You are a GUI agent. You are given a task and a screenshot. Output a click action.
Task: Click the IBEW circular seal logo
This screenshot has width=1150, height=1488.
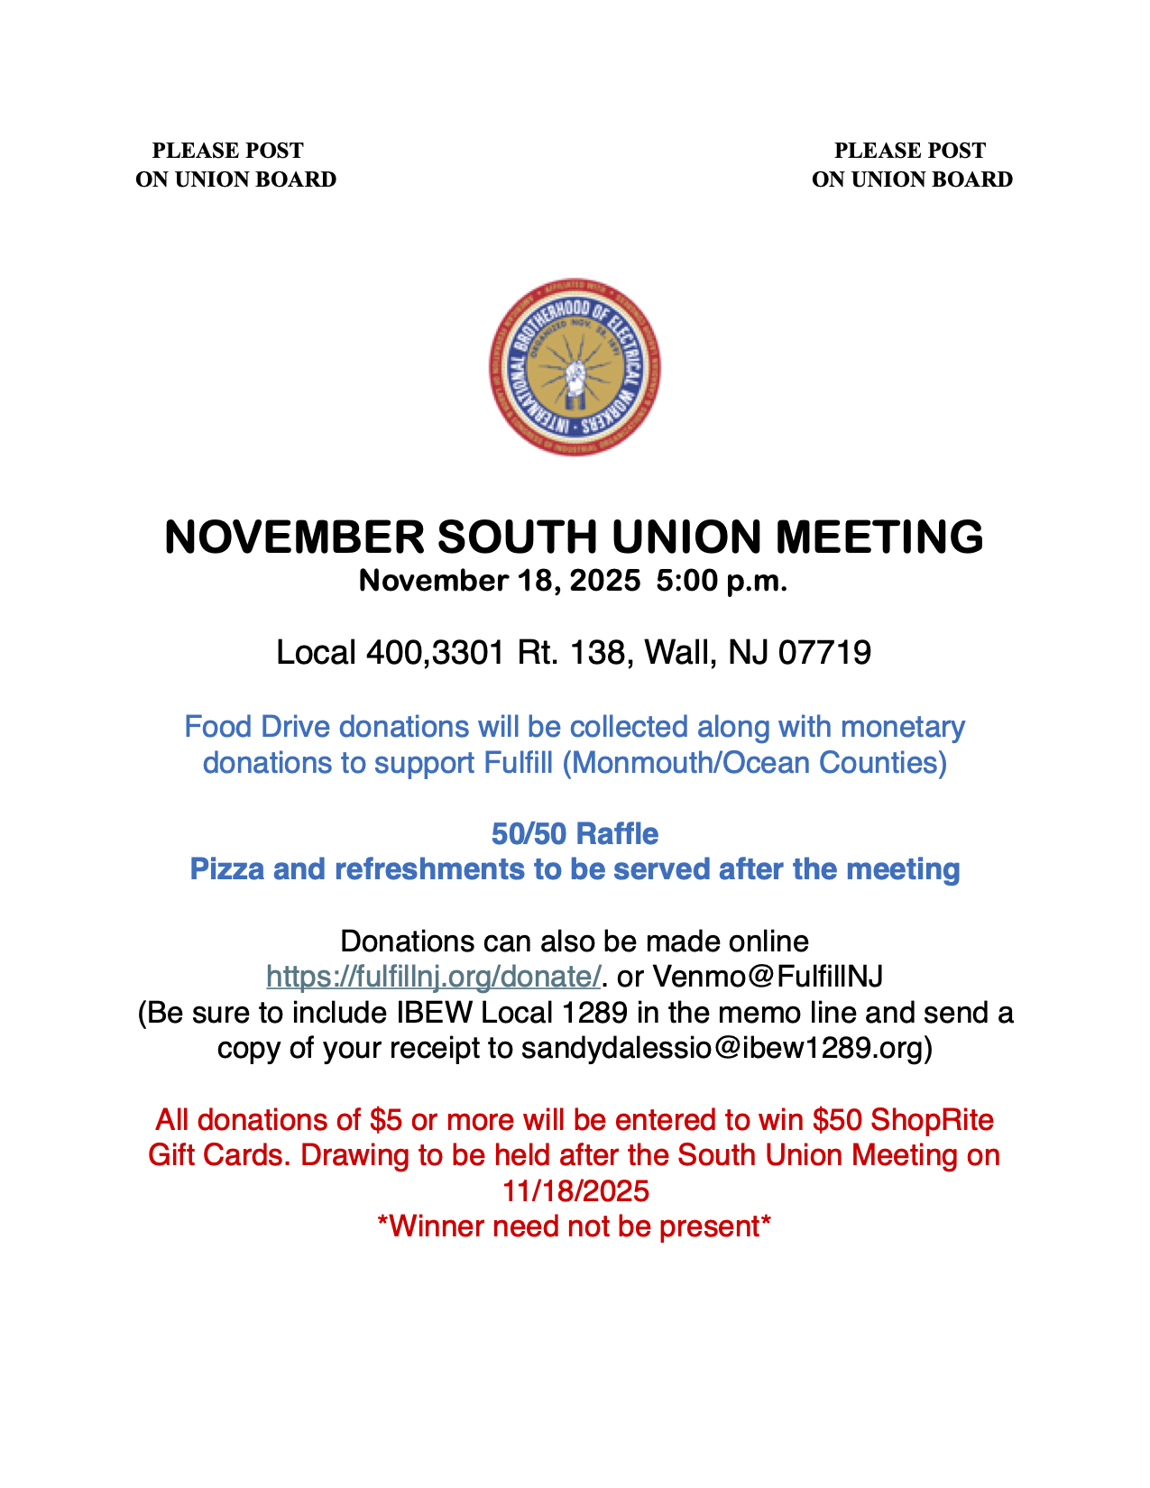[575, 366]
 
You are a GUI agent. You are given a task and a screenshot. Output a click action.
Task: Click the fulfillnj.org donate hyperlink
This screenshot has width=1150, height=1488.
[434, 976]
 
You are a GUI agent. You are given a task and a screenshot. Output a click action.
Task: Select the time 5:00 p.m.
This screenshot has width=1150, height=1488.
[722, 581]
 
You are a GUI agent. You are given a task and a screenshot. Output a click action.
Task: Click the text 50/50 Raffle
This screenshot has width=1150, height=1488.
[575, 834]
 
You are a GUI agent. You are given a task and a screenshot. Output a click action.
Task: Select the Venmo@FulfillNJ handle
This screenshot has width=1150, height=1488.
[767, 976]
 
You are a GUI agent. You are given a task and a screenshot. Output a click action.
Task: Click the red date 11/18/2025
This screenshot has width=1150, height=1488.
[575, 1191]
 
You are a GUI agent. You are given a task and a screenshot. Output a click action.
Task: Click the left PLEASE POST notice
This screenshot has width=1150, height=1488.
[235, 165]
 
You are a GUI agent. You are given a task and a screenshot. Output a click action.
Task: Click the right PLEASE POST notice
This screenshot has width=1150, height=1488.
[911, 165]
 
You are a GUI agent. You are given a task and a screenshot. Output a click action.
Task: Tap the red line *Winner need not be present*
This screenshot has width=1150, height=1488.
[575, 1226]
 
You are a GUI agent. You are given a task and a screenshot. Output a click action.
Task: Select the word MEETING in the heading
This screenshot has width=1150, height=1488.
[879, 537]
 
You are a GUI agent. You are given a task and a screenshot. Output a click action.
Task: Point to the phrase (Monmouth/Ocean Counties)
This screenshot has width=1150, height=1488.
[754, 763]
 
